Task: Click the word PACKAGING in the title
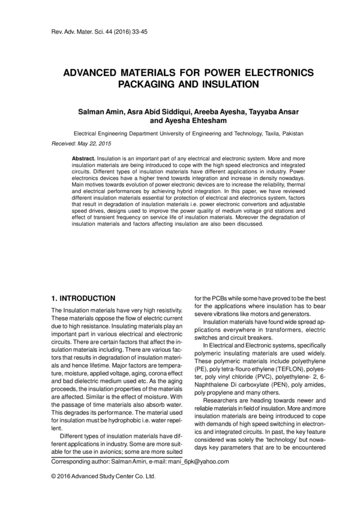[135, 85]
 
